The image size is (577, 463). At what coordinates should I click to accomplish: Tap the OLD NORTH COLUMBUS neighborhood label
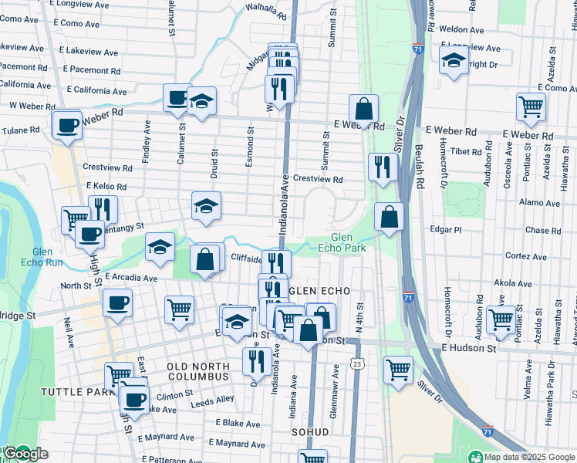coord(198,370)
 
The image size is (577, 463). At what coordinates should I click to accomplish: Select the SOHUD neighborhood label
coord(311,432)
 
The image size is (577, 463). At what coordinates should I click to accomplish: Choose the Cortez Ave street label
coord(526,256)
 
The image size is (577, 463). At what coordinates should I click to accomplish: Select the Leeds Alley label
coord(213,400)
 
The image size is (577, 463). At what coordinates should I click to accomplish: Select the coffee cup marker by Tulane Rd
coord(67,123)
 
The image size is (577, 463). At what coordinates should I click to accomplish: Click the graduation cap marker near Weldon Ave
coord(454,60)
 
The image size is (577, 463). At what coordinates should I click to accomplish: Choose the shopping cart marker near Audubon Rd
coord(501,319)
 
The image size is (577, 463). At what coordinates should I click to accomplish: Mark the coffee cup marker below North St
coord(117,302)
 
